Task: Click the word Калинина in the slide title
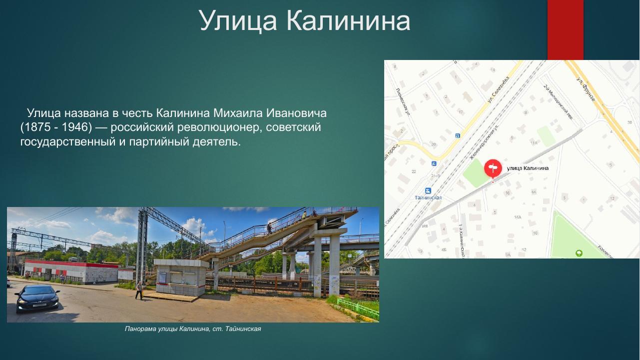[x=348, y=21]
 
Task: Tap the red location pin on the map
[x=493, y=168]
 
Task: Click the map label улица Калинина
[x=528, y=168]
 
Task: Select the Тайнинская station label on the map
[x=428, y=197]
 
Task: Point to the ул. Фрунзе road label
[x=586, y=90]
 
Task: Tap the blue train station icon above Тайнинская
[x=428, y=190]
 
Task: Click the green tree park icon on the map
[x=579, y=253]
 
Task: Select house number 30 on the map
[x=630, y=122]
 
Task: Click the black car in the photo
[x=37, y=298]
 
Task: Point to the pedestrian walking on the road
[x=139, y=290]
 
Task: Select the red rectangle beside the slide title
[x=565, y=30]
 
